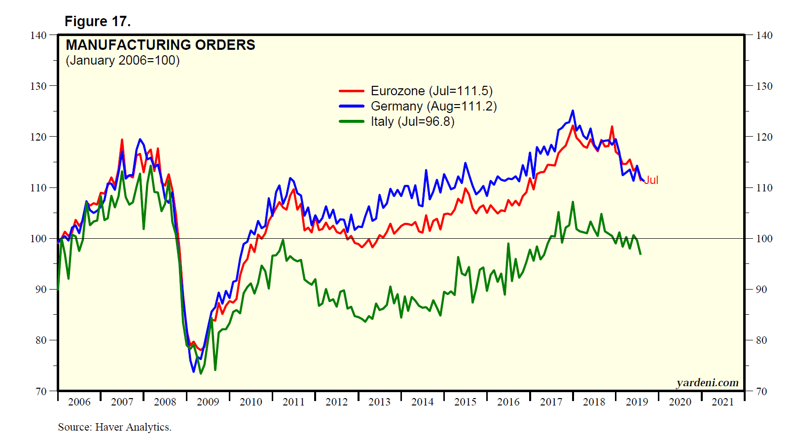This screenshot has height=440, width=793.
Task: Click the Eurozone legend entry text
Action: coord(432,91)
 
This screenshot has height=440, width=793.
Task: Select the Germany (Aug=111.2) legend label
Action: coord(433,106)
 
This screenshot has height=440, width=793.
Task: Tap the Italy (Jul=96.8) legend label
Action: coord(412,121)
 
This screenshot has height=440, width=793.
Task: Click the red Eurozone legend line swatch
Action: coord(352,91)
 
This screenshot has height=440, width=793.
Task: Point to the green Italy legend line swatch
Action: coord(352,121)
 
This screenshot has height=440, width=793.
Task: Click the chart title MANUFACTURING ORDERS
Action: coord(160,45)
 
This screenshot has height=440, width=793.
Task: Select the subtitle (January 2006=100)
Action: coord(123,60)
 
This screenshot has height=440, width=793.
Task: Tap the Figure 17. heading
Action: coord(98,21)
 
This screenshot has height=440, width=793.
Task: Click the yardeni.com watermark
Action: coord(707,383)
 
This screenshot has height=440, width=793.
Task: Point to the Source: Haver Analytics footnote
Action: coord(114,427)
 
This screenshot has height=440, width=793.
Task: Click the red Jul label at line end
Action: coord(651,180)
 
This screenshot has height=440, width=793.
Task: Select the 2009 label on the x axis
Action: coord(208,402)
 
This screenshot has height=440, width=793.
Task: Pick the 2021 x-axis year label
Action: coord(722,402)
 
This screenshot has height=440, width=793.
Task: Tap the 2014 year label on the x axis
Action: coord(422,402)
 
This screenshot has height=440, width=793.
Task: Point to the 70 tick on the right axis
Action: coord(761,392)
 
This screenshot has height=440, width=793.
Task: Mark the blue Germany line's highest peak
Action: coord(573,110)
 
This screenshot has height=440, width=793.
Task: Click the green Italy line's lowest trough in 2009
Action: coord(201,373)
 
